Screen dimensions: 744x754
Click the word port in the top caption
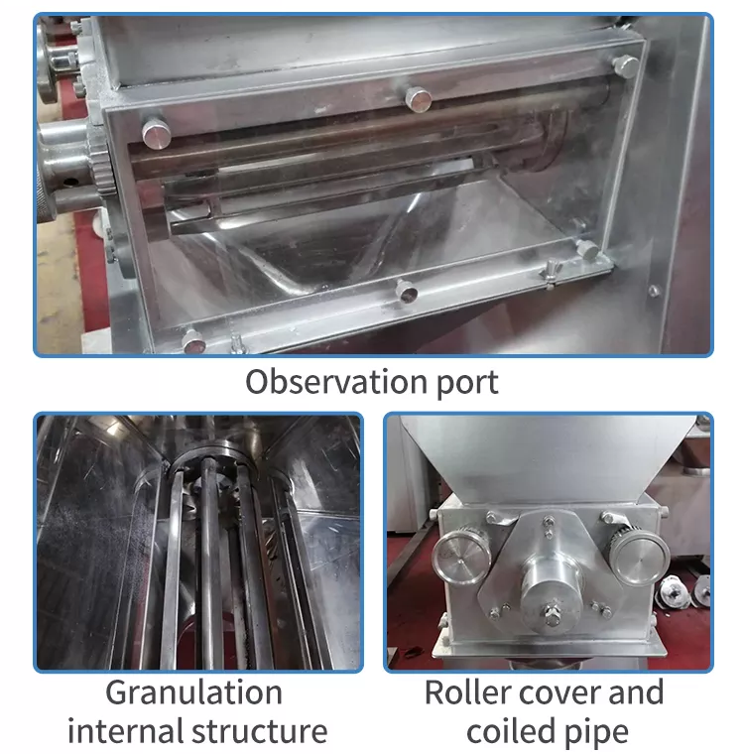[x=467, y=384]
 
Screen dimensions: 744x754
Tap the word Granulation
[x=193, y=692]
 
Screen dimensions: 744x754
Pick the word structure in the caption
[x=260, y=732]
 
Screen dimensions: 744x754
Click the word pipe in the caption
[x=596, y=734]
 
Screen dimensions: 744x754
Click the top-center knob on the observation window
[x=418, y=99]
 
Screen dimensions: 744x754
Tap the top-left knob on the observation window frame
[x=157, y=133]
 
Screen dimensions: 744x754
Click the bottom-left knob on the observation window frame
[x=193, y=341]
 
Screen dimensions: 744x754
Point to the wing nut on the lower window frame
[x=551, y=275]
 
